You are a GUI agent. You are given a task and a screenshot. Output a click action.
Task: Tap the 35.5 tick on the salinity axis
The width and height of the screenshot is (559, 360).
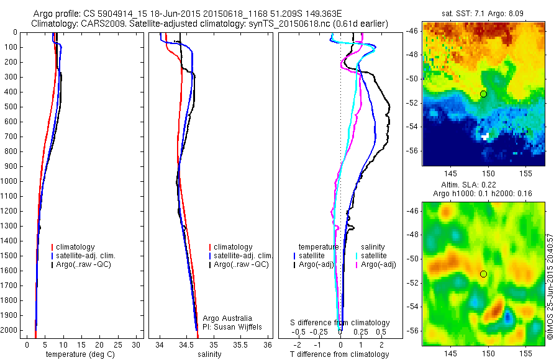coord(240,344)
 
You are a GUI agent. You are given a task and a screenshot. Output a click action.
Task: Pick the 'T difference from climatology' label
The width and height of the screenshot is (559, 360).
coord(339,354)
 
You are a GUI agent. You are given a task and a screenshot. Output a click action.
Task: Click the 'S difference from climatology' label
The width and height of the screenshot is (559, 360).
coord(340,323)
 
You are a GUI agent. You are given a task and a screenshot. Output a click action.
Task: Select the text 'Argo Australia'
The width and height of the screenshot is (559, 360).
coord(227,318)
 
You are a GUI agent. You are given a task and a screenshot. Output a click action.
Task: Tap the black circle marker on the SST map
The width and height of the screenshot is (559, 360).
coord(483,94)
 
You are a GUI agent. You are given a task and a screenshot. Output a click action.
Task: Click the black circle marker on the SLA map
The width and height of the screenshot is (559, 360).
coord(483,274)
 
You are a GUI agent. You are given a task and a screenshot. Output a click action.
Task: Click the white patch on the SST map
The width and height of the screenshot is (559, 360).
coord(485,135)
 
